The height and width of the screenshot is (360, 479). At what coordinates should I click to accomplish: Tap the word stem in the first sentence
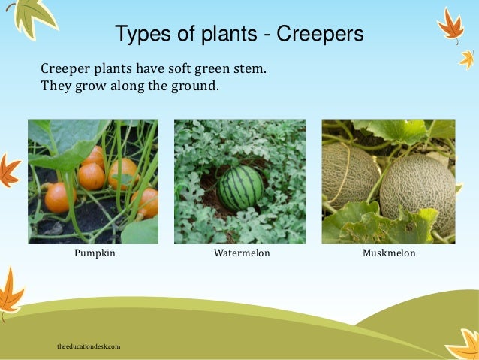click(x=251, y=70)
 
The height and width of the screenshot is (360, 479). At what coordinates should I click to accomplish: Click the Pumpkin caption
click(x=95, y=254)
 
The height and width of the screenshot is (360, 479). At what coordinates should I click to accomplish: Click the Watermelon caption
click(x=241, y=254)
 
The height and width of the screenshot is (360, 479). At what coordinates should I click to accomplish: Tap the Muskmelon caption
click(x=388, y=254)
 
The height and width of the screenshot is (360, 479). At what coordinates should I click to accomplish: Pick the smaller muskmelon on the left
click(x=350, y=174)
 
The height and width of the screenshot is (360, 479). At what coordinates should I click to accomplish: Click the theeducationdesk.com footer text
click(x=89, y=346)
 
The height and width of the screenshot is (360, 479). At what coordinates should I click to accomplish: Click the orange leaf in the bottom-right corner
click(x=463, y=345)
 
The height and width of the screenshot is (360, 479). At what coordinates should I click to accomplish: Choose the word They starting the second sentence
click(x=55, y=86)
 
